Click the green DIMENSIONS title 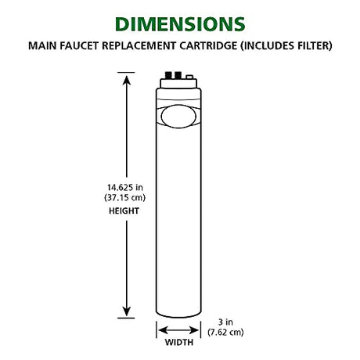[180, 24]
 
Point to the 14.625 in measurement [125, 187]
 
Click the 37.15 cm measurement [125, 197]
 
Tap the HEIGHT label [124, 211]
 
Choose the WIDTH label [179, 342]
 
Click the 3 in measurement [225, 322]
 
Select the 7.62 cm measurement [225, 333]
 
